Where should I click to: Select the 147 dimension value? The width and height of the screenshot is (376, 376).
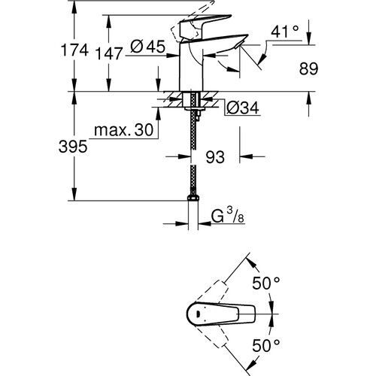(x=111, y=52)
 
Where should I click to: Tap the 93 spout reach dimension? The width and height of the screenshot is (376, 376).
(x=215, y=159)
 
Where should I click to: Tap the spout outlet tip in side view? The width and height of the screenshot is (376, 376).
(x=235, y=50)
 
